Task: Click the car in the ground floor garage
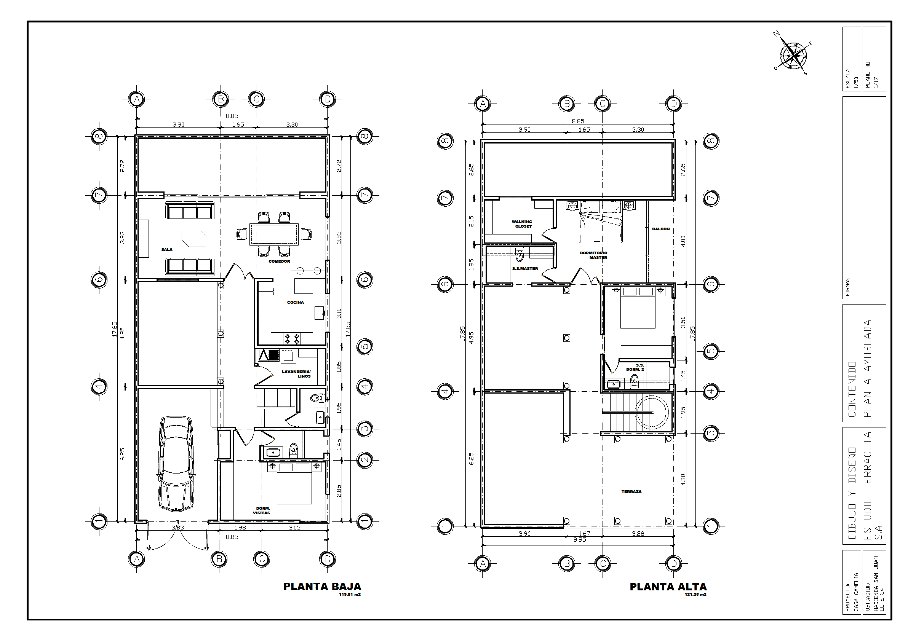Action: click(x=176, y=464)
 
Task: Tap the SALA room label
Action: click(x=167, y=250)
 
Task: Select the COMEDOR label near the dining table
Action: click(x=279, y=261)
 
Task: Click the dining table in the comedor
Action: click(x=274, y=234)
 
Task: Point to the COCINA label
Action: click(x=296, y=302)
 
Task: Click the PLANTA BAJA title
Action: click(x=322, y=587)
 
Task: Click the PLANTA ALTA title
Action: click(x=668, y=587)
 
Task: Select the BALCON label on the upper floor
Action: click(x=661, y=229)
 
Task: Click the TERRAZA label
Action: click(x=631, y=492)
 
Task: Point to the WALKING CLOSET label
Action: click(x=523, y=224)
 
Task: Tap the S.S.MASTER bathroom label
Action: click(x=525, y=269)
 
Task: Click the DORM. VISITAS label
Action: click(x=262, y=510)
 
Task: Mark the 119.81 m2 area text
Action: click(x=350, y=594)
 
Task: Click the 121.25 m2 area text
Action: click(x=695, y=594)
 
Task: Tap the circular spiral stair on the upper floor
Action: click(x=651, y=412)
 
